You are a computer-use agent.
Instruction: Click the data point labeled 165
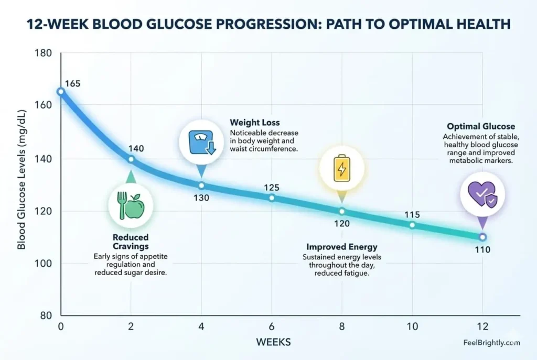click(x=61, y=91)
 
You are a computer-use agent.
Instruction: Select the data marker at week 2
click(x=131, y=159)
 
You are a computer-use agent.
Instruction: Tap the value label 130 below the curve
click(x=201, y=198)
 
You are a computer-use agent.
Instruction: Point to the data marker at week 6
click(x=272, y=198)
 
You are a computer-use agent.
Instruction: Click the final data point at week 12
click(x=482, y=237)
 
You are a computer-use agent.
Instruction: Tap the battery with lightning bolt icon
click(x=342, y=168)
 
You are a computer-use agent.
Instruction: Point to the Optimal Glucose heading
click(x=480, y=126)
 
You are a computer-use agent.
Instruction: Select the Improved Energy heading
click(x=341, y=246)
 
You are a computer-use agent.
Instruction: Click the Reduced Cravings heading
click(x=131, y=242)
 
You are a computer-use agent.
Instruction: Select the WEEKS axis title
click(x=273, y=342)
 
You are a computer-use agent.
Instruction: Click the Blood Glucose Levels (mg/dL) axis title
click(x=22, y=179)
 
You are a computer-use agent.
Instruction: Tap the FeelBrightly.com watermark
click(x=492, y=343)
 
